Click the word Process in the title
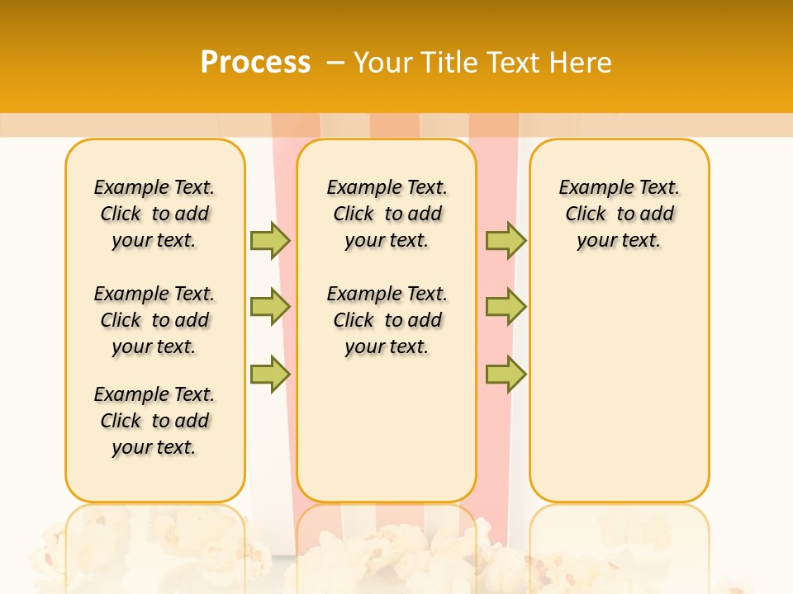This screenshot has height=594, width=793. (255, 62)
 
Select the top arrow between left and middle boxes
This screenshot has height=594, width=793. (270, 240)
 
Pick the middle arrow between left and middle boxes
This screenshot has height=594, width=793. (270, 307)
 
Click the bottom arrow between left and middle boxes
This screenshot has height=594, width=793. (270, 375)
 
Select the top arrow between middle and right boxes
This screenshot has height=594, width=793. (506, 240)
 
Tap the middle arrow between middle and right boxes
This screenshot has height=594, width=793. (506, 307)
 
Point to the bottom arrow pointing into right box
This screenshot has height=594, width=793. (506, 375)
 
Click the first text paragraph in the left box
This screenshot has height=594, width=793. (154, 214)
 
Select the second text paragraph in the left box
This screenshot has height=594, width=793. (154, 320)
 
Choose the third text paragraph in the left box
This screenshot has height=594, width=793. (154, 421)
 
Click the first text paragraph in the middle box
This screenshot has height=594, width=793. (387, 214)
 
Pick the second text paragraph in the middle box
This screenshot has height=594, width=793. (387, 320)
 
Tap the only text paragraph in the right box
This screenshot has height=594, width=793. (619, 214)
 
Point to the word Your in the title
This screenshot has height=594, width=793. (382, 62)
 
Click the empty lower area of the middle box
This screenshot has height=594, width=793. (387, 429)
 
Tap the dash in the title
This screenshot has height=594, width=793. (335, 62)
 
